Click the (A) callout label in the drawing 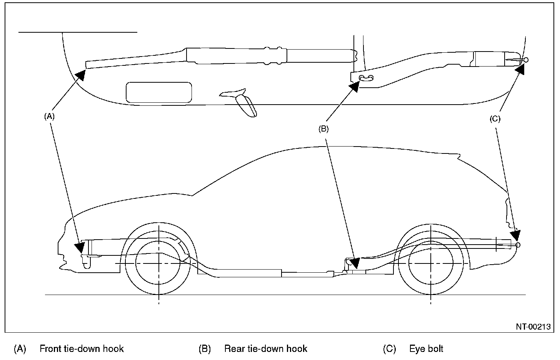(x=49, y=116)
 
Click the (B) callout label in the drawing (x=323, y=129)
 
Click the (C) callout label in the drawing (x=495, y=119)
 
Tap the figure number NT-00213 (x=533, y=327)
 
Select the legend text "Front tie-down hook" (x=82, y=349)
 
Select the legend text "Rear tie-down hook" (x=265, y=349)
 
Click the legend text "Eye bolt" (x=426, y=349)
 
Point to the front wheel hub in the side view (x=158, y=263)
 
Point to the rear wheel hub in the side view (x=431, y=263)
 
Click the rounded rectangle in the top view (x=159, y=92)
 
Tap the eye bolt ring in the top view (x=526, y=60)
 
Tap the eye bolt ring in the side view (x=518, y=245)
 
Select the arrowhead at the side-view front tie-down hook (x=81, y=247)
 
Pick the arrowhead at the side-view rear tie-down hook (x=354, y=263)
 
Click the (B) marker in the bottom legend (x=205, y=349)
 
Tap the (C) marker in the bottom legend (x=389, y=349)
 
